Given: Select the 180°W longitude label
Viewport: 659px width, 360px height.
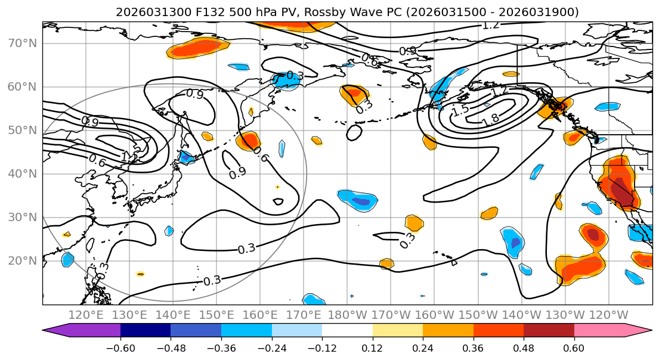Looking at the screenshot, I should point(347,315).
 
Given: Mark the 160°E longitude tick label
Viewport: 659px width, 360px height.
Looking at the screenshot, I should point(260,315).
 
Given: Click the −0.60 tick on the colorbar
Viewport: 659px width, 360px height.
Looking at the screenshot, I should point(120,348).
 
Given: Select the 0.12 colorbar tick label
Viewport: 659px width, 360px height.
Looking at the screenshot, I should point(372,348).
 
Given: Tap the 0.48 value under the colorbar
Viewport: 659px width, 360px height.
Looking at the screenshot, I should point(524,348).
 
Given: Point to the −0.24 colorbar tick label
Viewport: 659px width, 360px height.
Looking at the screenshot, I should point(271,348).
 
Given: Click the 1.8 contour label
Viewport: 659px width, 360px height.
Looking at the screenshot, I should point(490,118).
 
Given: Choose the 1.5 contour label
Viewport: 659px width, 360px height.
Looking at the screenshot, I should point(460,111).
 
